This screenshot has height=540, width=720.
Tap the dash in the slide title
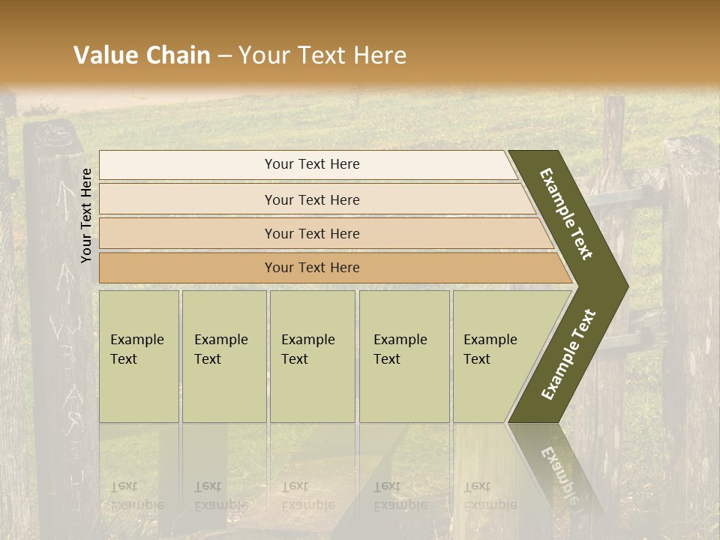pos(224,56)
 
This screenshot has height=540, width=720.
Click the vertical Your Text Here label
pos(86,216)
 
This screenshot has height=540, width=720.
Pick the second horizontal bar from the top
pos(312,199)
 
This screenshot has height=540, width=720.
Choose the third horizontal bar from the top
pos(312,234)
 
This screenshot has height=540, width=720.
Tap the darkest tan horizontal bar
pos(312,268)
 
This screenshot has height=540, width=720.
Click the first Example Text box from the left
pos(139,356)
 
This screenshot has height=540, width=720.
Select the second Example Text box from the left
pos(224,356)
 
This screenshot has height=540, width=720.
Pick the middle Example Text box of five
pos(312,356)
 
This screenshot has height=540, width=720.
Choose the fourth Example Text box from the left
pos(404,356)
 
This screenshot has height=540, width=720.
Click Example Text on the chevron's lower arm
pos(568,355)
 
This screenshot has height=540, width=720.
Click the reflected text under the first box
pos(136,495)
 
